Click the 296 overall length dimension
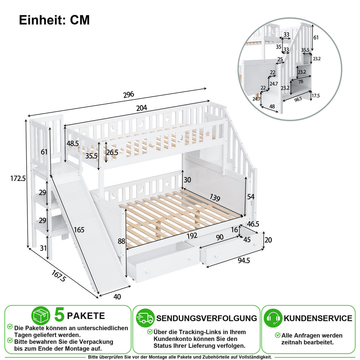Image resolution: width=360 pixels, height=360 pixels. click(129, 94)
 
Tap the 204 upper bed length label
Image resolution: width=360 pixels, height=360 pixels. click(142, 108)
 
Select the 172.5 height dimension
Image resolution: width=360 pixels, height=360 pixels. click(18, 178)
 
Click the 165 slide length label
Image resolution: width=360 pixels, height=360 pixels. click(79, 230)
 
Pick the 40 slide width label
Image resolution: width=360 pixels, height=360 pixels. click(117, 297)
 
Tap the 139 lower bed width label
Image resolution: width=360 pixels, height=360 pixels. click(214, 198)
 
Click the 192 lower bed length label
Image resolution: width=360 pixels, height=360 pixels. click(192, 236)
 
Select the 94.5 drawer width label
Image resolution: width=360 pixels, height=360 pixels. click(244, 260)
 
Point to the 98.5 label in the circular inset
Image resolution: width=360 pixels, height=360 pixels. click(298, 99)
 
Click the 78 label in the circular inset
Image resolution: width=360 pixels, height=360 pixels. click(301, 82)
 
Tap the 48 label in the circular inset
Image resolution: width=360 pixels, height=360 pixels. click(272, 106)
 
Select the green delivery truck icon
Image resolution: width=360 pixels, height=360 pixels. click(145, 318)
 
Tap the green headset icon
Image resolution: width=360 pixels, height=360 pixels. click(273, 318)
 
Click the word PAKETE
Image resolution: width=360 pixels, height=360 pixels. click(86, 316)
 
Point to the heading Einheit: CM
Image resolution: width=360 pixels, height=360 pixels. click(54, 20)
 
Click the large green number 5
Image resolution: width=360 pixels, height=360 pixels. click(59, 315)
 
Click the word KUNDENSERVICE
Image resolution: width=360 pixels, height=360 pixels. click(318, 318)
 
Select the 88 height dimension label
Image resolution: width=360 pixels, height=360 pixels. click(121, 241)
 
